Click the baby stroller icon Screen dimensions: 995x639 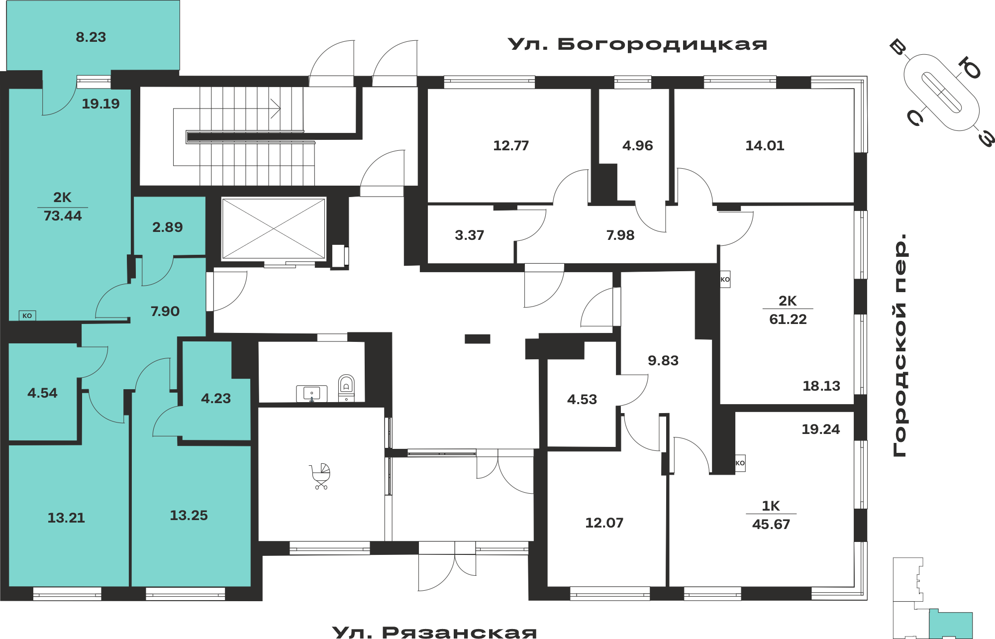[320, 476]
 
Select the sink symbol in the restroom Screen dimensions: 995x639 [311, 394]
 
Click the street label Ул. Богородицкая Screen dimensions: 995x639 [637, 44]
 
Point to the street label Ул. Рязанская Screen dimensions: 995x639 [434, 633]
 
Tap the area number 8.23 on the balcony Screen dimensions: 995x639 [91, 37]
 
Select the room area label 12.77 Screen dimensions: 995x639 [511, 146]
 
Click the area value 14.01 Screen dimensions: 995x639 [765, 146]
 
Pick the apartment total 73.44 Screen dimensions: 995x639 [63, 216]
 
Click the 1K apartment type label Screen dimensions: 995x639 [771, 506]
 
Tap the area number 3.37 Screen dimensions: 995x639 [470, 235]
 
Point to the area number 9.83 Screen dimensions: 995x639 [663, 361]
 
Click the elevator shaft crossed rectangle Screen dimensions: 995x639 [274, 228]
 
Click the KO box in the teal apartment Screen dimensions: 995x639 [27, 316]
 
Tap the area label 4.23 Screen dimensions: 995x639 [216, 399]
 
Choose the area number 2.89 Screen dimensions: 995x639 [168, 227]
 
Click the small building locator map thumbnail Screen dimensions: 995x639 [933, 598]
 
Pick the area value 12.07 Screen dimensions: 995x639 [604, 523]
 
